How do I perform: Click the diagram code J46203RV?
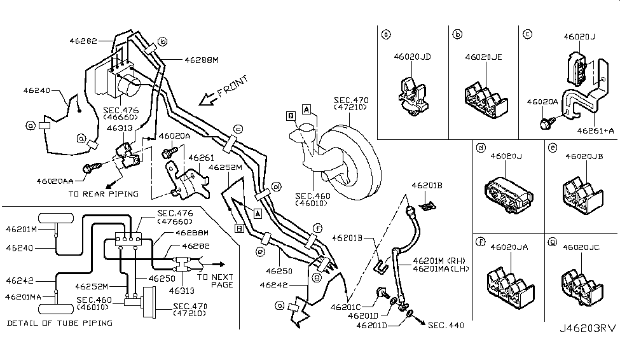tap(588, 347)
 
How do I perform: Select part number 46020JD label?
tap(412, 57)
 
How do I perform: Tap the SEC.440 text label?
tap(446, 326)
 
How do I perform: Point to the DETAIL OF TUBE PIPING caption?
tap(60, 323)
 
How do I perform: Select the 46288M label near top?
tap(202, 60)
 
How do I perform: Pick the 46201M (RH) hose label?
tap(439, 260)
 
